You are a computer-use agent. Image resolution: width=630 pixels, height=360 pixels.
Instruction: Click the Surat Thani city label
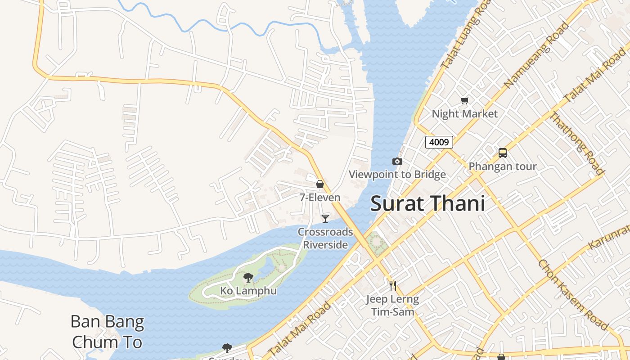click(427, 204)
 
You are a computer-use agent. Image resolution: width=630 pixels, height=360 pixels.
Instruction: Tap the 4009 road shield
click(439, 142)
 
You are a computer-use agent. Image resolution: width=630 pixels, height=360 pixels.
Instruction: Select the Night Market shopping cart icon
click(464, 100)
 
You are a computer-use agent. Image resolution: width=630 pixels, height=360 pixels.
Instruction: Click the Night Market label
click(464, 113)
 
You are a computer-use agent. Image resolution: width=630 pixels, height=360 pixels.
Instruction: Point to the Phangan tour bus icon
click(503, 153)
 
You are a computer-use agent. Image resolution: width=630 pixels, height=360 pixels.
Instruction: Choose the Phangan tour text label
click(503, 166)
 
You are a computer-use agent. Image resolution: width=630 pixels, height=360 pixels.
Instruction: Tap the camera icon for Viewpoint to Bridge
click(397, 161)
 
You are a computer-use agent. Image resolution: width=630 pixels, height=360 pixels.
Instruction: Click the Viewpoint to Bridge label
click(397, 174)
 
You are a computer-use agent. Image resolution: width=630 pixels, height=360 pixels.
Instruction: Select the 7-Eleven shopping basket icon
click(320, 184)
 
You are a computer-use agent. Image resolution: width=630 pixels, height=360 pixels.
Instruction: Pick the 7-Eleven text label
click(320, 197)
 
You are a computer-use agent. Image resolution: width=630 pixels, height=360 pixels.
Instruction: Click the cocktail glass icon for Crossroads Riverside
click(325, 218)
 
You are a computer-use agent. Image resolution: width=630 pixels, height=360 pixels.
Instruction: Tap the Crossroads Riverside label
click(325, 238)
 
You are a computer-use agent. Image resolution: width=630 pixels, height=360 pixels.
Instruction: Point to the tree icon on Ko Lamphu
click(248, 278)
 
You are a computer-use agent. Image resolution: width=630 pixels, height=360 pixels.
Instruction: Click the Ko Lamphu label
click(248, 291)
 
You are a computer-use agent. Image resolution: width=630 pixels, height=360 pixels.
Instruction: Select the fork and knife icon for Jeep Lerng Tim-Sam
click(392, 285)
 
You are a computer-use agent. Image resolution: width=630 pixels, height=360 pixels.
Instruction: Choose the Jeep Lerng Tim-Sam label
click(392, 305)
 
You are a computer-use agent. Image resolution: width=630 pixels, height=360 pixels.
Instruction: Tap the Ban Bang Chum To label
click(107, 332)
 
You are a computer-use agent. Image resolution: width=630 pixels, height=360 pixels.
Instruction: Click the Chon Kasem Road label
click(572, 294)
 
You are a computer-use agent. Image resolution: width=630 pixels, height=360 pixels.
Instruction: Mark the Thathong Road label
click(577, 143)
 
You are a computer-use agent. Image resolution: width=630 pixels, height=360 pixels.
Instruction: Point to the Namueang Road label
click(536, 54)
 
